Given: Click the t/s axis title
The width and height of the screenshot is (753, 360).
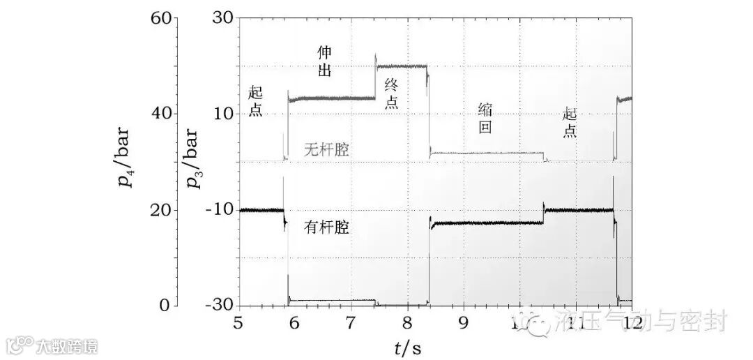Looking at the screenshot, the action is pos(407,344).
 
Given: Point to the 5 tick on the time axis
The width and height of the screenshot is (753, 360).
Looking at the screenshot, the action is pos(238,322).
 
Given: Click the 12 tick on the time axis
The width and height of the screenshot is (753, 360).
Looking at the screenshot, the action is pos(631,322).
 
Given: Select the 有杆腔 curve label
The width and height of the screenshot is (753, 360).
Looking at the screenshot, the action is pos(326,227).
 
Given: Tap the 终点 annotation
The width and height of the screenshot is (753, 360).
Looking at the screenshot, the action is pos(392,93).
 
